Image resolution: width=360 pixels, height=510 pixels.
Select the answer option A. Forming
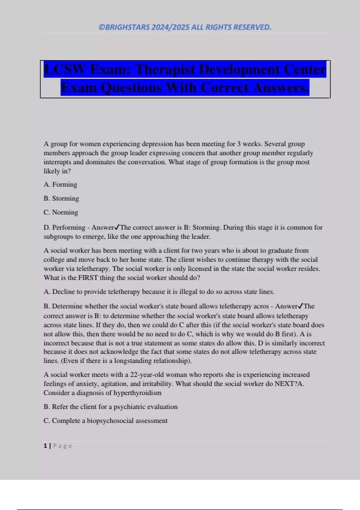(60, 184)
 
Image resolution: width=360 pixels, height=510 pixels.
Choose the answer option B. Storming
(61, 198)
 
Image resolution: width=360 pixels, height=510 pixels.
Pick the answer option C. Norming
(61, 212)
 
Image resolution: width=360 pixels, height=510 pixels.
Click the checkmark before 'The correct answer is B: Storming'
(117, 227)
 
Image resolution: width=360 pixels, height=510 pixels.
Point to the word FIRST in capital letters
(88, 278)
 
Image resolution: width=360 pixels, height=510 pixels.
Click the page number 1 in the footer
(45, 446)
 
